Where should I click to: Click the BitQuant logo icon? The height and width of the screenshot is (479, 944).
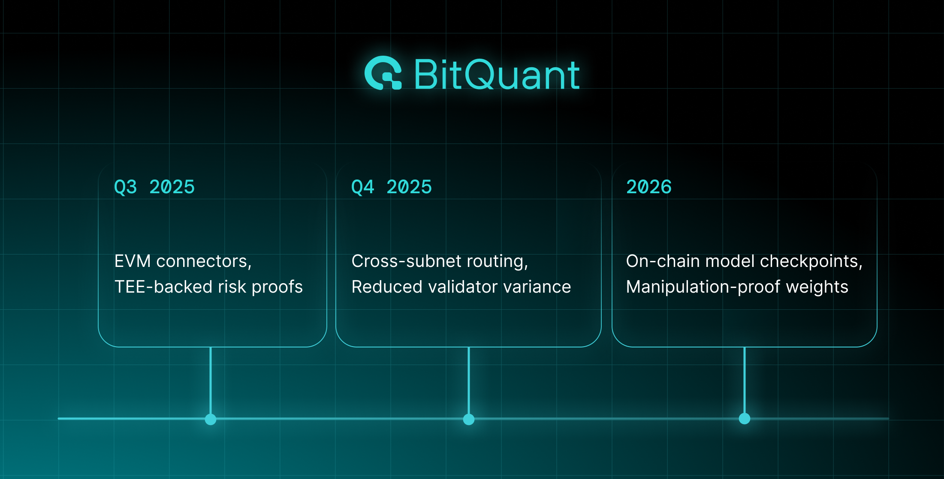tap(383, 73)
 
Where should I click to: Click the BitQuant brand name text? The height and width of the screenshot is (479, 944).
tap(496, 75)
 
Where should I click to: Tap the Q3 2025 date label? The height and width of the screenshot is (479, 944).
tap(154, 187)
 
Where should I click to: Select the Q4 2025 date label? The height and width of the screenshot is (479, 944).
tap(391, 187)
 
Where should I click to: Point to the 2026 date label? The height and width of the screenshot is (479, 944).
tap(648, 187)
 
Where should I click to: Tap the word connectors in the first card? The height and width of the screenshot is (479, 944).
tap(203, 261)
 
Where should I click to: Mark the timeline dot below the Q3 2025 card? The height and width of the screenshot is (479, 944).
tap(211, 419)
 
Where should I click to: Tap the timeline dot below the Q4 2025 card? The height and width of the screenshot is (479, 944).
tap(469, 419)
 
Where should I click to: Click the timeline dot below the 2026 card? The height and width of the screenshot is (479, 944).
tap(745, 419)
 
